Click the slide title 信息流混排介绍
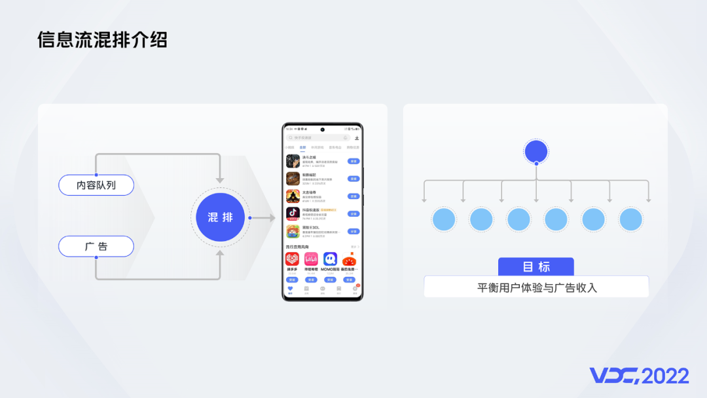coord(102,39)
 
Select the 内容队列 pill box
coord(96,185)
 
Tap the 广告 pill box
coord(96,247)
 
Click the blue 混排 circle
coord(221,217)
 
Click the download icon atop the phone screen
coord(357,137)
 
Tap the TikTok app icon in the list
coord(293,214)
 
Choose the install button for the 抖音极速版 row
coord(353,213)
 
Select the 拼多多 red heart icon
coord(292,260)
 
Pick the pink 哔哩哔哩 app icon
coord(311,260)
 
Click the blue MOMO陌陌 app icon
coord(330,260)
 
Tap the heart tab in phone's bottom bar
coord(291,289)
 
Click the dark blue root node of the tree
coord(536,152)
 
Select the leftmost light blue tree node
coord(443,219)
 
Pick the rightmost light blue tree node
coord(631,219)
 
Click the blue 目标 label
coord(536,266)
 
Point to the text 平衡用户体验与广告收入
coord(536,287)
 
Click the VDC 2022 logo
coord(639,376)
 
